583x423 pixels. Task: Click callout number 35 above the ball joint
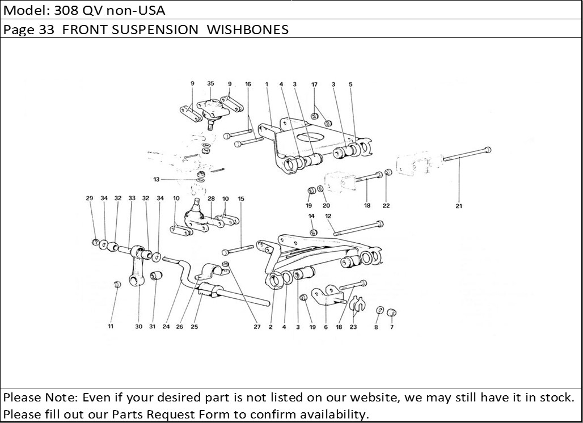(x=210, y=83)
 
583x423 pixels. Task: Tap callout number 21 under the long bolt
(x=458, y=206)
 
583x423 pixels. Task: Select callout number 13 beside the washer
(x=156, y=180)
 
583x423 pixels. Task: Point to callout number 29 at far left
(x=89, y=198)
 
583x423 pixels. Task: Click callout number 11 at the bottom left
(x=111, y=327)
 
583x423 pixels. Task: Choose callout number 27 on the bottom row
(x=257, y=327)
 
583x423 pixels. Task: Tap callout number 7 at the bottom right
(x=391, y=327)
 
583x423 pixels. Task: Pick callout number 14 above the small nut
(x=311, y=216)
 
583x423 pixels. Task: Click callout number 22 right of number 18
(x=386, y=206)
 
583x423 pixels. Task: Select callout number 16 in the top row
(x=248, y=84)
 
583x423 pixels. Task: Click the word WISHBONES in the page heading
(x=247, y=29)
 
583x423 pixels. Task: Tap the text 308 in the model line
(x=66, y=10)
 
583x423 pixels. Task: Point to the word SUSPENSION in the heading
(x=155, y=29)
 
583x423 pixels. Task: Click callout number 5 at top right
(x=350, y=84)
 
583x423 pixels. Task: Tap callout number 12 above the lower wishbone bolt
(x=328, y=216)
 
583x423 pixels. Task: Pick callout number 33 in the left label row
(x=132, y=198)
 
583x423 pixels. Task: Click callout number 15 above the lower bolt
(x=241, y=198)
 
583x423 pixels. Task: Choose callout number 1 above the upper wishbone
(x=267, y=84)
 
